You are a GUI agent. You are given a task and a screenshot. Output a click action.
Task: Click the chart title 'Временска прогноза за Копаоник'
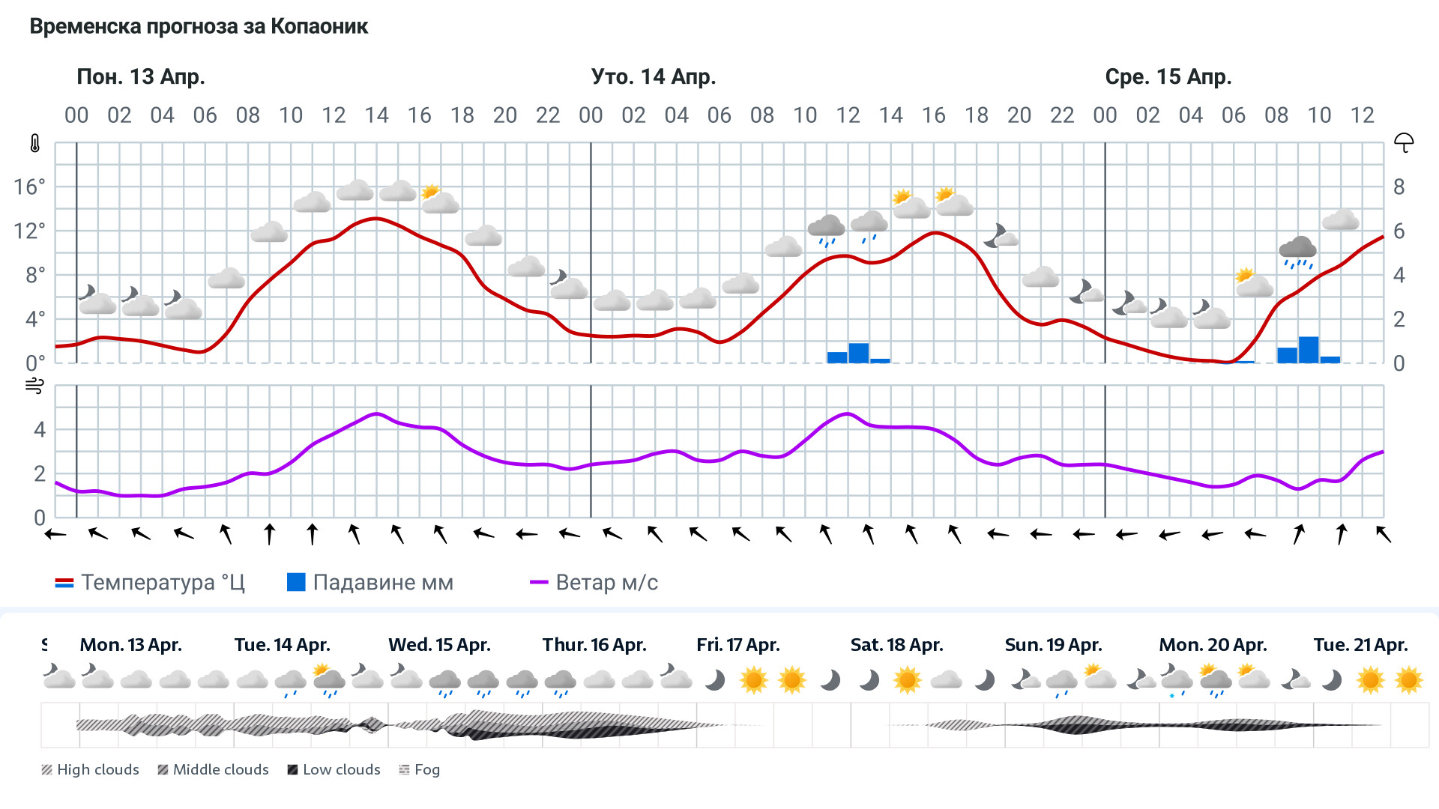(x=199, y=27)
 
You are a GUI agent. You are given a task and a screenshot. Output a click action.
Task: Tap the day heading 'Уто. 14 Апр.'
(x=654, y=77)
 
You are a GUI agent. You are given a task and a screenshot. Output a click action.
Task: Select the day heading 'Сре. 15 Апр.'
(x=1168, y=77)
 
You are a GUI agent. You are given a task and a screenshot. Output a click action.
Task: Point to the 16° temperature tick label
(x=30, y=187)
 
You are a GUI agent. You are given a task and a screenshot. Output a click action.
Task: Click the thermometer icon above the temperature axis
(x=35, y=144)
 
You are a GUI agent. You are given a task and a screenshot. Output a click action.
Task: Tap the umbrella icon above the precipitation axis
(x=1403, y=142)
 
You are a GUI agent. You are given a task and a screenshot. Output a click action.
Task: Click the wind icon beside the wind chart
(x=34, y=387)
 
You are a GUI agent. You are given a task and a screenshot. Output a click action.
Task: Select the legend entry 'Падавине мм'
(x=371, y=583)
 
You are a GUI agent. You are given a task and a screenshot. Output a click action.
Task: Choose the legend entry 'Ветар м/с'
(x=594, y=583)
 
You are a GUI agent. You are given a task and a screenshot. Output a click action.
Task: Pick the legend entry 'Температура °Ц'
(x=150, y=583)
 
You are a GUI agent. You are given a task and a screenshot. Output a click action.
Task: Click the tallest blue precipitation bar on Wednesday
(x=1309, y=351)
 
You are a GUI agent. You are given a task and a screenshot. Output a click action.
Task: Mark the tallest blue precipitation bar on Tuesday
(x=859, y=354)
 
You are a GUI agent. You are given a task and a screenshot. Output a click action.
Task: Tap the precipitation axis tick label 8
(x=1399, y=187)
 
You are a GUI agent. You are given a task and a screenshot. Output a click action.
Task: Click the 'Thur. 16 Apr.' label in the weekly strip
(x=594, y=645)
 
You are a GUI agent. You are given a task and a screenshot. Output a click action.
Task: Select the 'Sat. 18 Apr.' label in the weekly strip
(x=896, y=645)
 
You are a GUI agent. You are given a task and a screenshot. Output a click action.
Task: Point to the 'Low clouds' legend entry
(x=334, y=770)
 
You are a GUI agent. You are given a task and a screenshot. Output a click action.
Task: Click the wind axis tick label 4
(x=40, y=430)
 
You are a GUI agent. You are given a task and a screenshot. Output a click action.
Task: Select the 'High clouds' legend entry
(x=91, y=770)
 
